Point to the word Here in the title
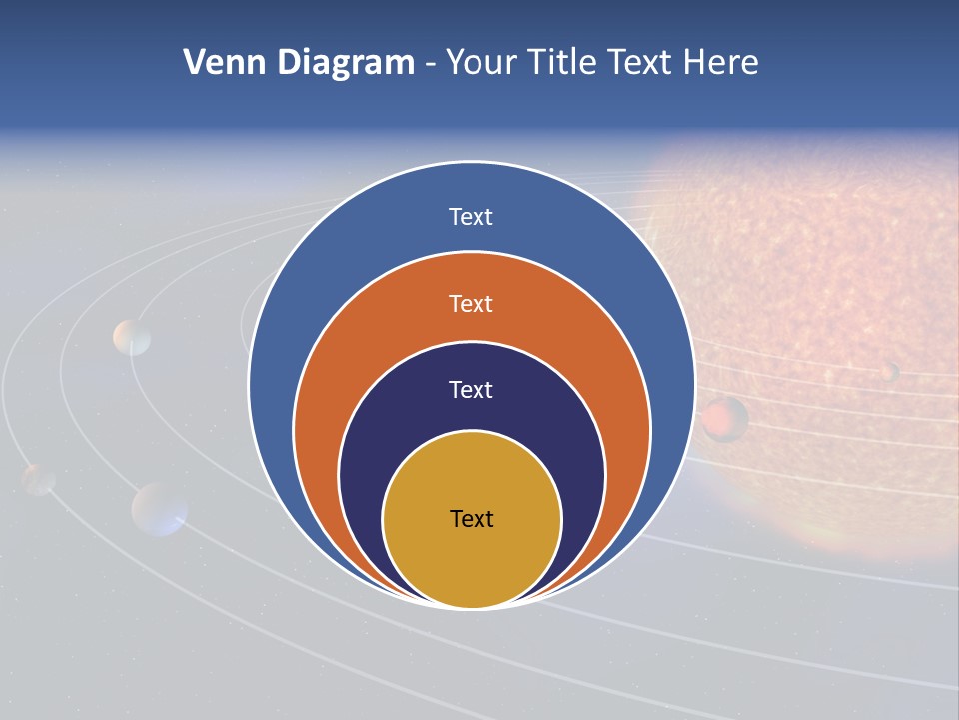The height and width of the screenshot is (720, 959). coord(720,63)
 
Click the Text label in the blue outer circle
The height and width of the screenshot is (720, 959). coord(471,217)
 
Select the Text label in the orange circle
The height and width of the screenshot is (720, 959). coord(471,303)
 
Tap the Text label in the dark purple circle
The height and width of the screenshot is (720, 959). coord(471,390)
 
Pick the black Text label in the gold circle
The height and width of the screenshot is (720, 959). coord(472,519)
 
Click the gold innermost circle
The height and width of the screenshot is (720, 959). coord(472,560)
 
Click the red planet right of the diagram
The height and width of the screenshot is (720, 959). coord(724,418)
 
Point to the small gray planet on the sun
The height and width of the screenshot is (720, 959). coord(888,372)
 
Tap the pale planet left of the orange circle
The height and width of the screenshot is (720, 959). coord(132,338)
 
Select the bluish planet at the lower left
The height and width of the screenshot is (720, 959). coord(160,508)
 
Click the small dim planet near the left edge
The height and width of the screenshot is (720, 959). coord(39,479)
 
